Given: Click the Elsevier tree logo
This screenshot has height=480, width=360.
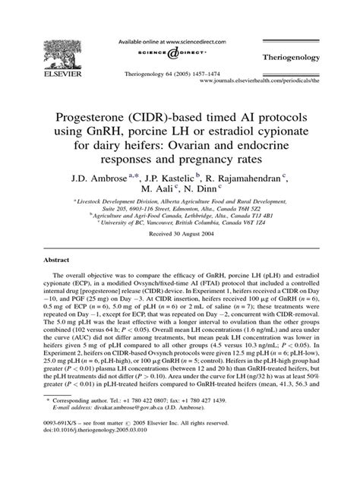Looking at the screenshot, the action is pos(52,39).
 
